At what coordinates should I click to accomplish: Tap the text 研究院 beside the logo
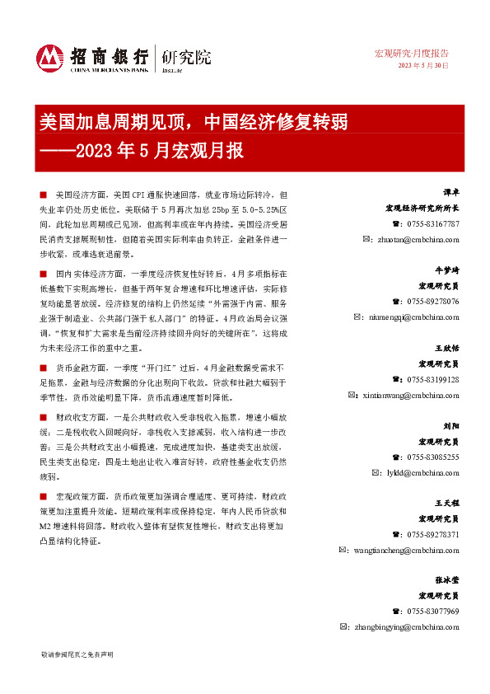coord(186,57)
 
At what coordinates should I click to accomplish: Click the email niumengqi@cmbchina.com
coord(411,317)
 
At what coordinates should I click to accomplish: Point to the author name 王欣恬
coord(447,349)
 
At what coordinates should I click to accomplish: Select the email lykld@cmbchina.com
coord(420,472)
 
